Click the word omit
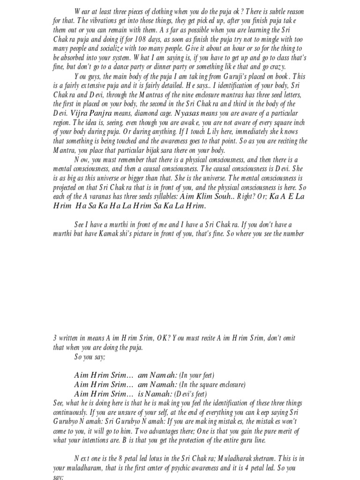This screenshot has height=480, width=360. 286,338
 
